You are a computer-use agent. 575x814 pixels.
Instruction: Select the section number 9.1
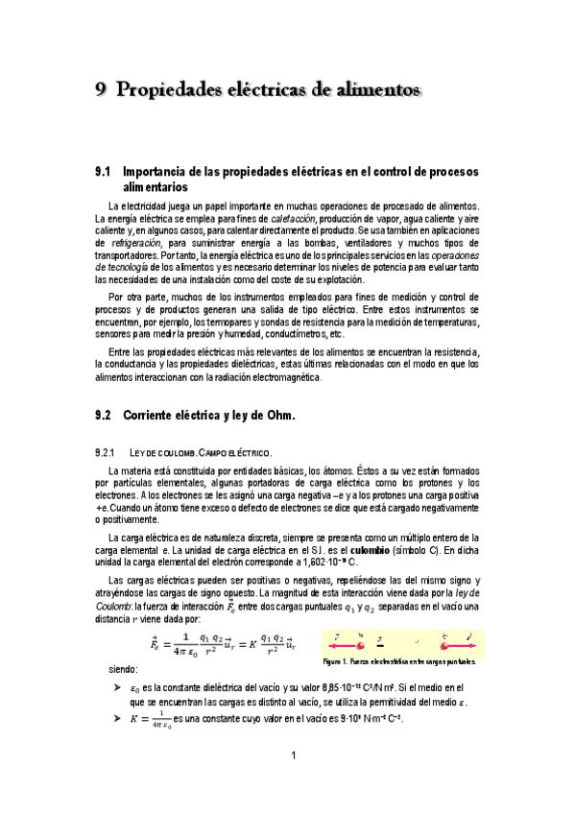104,171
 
